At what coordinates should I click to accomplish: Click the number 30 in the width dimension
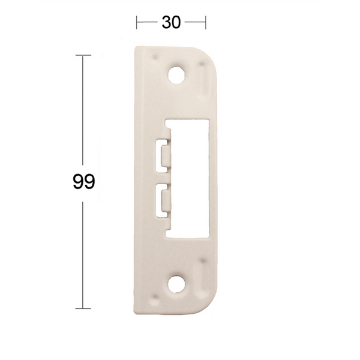171,23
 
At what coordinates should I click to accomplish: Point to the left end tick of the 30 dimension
138,23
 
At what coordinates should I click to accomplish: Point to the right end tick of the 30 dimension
206,23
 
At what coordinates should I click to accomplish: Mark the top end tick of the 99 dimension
83,55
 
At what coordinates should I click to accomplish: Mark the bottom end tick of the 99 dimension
83,308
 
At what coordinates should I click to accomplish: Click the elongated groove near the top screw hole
202,82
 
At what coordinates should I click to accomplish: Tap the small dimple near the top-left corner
157,59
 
